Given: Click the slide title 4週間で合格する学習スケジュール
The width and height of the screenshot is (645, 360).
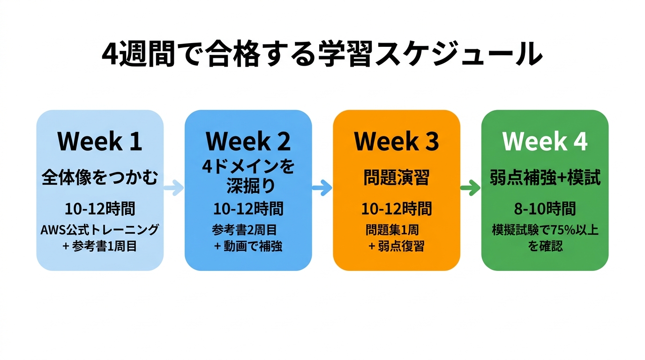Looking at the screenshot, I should pos(322,55).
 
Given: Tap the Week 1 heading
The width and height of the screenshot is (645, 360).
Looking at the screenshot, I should pos(100,141).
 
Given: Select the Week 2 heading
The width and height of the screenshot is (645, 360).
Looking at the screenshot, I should pos(248,141).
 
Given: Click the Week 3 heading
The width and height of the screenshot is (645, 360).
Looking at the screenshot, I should pos(397,141).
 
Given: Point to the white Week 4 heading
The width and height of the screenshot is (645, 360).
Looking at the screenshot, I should pos(545,141).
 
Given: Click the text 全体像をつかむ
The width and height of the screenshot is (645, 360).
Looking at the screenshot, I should pos(100,178).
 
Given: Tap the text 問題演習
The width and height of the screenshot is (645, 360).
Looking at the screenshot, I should pos(397,178).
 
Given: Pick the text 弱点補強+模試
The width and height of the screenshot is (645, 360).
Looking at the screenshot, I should pos(545,178).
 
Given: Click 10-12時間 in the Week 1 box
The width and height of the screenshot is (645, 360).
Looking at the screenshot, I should pos(100,209).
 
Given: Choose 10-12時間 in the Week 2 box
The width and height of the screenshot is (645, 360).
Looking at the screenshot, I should pos(248,209).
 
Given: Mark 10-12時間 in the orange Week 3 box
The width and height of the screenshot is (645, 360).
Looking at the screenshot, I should pos(397,209).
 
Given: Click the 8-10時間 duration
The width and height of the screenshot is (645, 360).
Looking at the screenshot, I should pos(545,209).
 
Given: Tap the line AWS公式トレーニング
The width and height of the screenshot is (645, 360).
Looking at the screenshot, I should pos(100,230).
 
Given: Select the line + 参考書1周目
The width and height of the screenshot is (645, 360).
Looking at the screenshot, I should pos(100,246).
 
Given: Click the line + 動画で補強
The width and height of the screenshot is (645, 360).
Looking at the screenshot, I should pos(248,246).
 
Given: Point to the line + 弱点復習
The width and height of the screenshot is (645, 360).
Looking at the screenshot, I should pos(397,246).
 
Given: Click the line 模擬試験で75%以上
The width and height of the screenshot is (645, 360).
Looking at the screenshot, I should pos(545,230).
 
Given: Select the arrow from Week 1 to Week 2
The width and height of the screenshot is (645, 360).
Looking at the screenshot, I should pos(174,188).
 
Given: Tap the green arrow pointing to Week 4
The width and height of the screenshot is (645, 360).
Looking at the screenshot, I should pos(471,188).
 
